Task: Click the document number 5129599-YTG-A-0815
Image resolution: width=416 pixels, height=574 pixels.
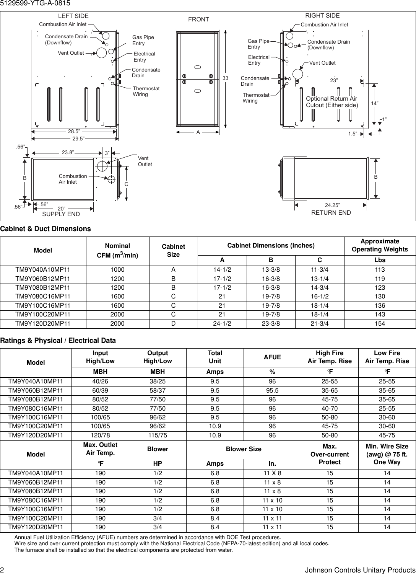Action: pos(35,3)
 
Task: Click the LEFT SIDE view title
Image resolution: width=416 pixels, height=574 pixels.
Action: pos(73,16)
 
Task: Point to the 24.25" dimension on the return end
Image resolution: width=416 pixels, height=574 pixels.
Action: pos(332,205)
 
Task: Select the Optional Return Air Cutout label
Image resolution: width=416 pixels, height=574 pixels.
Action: pos(331,102)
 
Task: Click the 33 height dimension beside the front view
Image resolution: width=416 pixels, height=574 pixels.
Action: pos(225,78)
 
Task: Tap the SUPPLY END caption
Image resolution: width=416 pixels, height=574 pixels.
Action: pos(61,214)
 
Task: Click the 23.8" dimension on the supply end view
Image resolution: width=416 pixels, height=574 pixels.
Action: pos(68,152)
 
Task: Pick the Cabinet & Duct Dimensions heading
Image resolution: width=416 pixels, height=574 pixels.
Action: pos(45,229)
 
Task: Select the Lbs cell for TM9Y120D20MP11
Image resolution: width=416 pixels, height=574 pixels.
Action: pos(380,324)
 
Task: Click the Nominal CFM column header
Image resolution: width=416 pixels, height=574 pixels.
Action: pos(117,251)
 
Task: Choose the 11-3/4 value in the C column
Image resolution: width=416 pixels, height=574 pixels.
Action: pos(319,269)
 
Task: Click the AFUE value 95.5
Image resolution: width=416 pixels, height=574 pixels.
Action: pos(272,391)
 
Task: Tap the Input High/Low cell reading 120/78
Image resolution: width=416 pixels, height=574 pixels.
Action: pos(100,435)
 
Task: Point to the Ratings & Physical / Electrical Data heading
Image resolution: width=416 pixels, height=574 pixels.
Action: pos(58,341)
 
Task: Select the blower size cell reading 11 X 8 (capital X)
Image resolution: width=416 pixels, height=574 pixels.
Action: pos(272,473)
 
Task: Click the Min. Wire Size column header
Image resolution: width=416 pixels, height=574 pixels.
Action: pos(387,454)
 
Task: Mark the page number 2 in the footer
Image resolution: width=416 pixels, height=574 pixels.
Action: pos(2,570)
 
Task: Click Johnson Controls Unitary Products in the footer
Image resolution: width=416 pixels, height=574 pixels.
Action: pos(360,570)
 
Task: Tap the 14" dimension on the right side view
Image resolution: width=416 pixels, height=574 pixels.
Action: pos(375,104)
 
